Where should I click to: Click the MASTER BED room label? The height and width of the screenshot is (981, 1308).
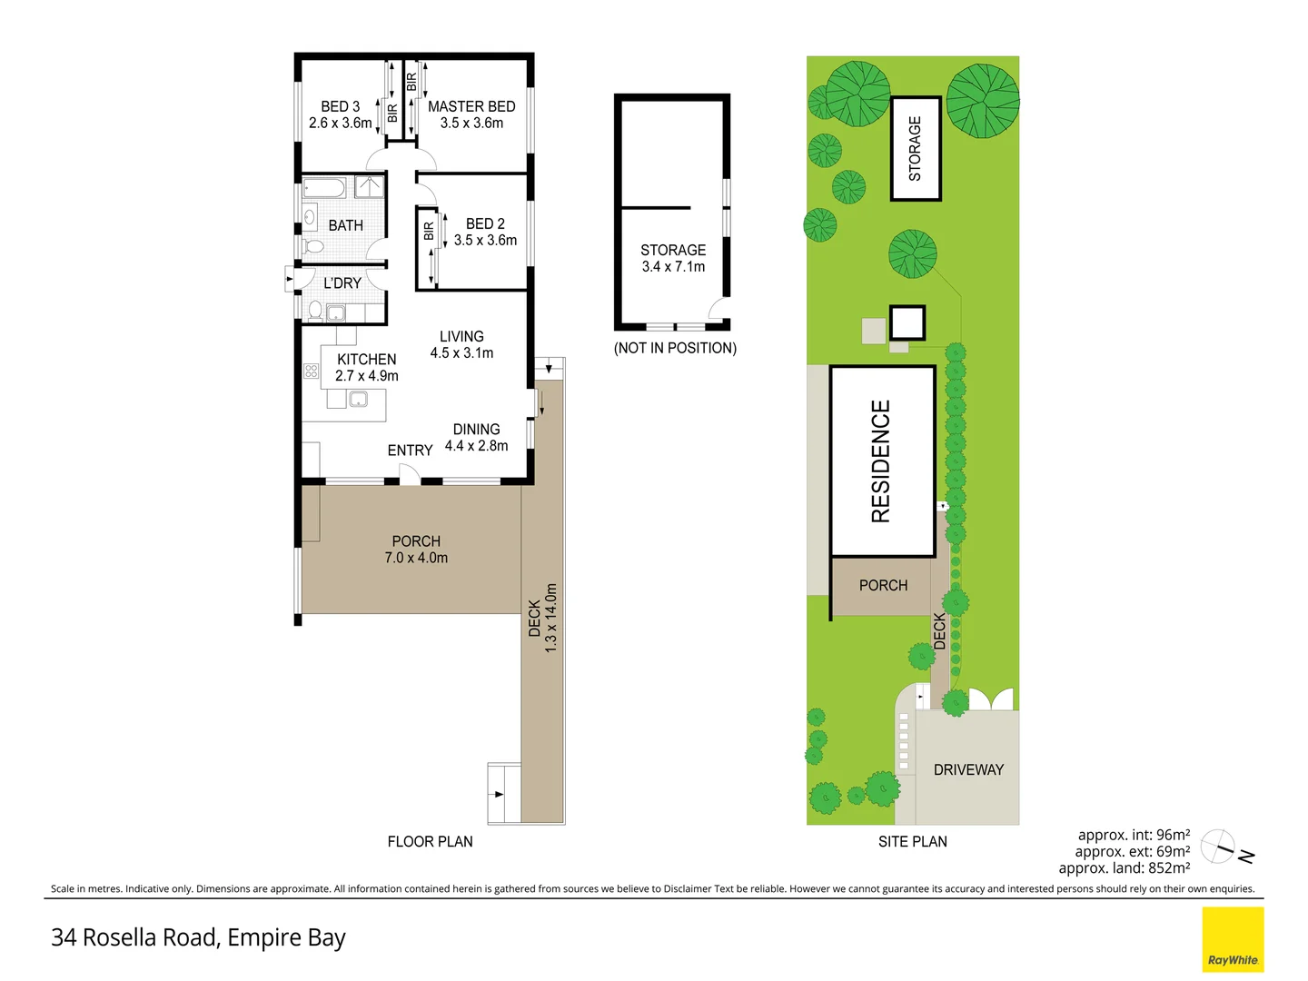pyautogui.click(x=471, y=114)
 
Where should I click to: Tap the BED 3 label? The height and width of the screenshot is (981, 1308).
pyautogui.click(x=341, y=114)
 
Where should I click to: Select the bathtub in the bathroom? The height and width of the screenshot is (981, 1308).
pyautogui.click(x=323, y=188)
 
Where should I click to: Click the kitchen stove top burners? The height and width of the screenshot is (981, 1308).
pyautogui.click(x=311, y=372)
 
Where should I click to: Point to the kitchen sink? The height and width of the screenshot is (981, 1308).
pyautogui.click(x=358, y=399)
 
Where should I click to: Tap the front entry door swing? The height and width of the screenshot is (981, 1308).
pyautogui.click(x=410, y=475)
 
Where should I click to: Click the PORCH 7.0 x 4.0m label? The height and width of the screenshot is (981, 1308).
pyautogui.click(x=416, y=550)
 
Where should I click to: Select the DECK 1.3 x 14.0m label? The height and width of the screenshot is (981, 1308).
pyautogui.click(x=542, y=619)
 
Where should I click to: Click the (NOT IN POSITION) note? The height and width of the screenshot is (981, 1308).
pyautogui.click(x=675, y=348)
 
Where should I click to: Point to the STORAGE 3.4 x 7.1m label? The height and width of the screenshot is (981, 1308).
pyautogui.click(x=673, y=258)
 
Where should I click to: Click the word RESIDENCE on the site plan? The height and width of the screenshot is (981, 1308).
pyautogui.click(x=881, y=461)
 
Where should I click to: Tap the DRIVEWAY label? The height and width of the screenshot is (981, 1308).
pyautogui.click(x=968, y=769)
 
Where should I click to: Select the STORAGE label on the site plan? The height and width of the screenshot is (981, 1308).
pyautogui.click(x=915, y=148)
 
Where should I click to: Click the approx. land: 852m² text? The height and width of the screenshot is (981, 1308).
pyautogui.click(x=1125, y=867)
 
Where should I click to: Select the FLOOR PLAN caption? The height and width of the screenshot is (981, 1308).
pyautogui.click(x=430, y=841)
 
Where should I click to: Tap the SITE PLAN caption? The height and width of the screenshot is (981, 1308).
pyautogui.click(x=912, y=841)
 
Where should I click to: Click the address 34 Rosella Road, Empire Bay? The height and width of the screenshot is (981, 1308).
pyautogui.click(x=198, y=937)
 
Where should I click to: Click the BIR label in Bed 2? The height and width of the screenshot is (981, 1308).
pyautogui.click(x=429, y=231)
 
